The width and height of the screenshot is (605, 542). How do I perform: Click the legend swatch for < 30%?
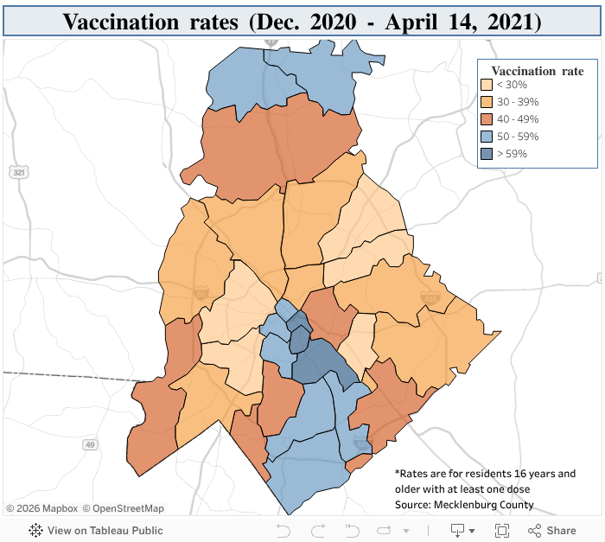point(487,85)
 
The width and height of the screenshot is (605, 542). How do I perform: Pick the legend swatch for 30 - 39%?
point(487,102)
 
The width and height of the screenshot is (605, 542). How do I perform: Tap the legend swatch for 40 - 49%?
point(487,119)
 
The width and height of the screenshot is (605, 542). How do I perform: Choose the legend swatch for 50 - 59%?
point(487,137)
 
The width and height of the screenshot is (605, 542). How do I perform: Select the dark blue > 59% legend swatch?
point(487,154)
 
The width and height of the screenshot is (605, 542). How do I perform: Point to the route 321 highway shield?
point(18,173)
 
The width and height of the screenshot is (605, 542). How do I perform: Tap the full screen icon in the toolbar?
point(501,530)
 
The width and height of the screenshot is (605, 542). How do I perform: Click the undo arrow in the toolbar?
point(283,530)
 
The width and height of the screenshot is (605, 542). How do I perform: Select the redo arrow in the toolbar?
point(317,530)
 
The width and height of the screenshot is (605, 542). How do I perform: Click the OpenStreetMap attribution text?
point(128,508)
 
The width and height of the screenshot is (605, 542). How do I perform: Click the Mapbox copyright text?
point(42,508)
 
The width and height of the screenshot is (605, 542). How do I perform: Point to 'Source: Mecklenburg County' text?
point(464,504)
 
